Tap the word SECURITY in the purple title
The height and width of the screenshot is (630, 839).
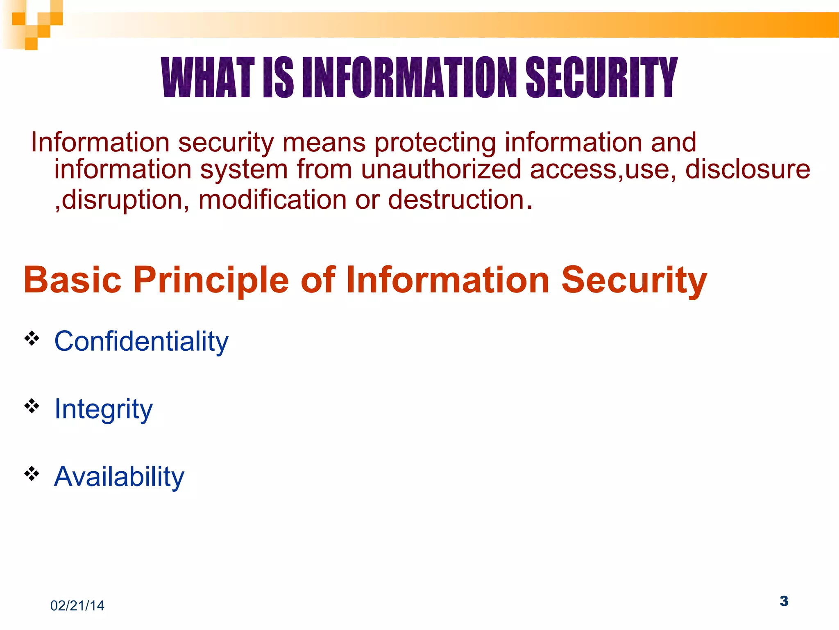tap(601, 78)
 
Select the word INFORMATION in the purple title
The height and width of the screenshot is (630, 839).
tap(409, 78)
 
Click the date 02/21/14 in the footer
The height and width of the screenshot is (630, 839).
tap(77, 606)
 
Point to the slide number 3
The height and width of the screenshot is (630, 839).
tap(784, 601)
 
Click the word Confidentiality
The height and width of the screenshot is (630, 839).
tap(141, 341)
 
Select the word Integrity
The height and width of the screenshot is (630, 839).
tap(103, 409)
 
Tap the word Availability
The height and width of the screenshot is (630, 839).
tap(119, 477)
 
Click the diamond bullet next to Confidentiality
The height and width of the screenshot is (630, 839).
tap(32, 339)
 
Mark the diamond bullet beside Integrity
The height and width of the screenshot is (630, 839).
tap(32, 406)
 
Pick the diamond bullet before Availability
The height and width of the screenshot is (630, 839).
tap(32, 474)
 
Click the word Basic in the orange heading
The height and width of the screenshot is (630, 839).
tap(73, 280)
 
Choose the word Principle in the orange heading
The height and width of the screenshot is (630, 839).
tap(211, 280)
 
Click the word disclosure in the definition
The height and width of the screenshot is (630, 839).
tap(748, 169)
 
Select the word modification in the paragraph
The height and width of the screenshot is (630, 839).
tap(272, 200)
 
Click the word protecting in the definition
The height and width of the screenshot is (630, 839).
tap(435, 143)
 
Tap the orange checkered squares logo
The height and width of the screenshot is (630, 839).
tap(32, 25)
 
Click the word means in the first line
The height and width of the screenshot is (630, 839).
tap(324, 143)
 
